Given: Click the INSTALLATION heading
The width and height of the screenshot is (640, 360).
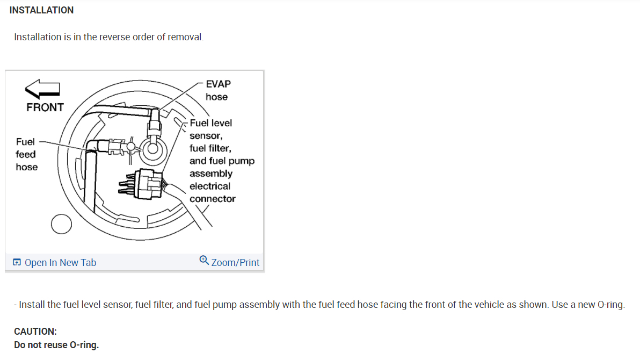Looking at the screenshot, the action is click(41, 10).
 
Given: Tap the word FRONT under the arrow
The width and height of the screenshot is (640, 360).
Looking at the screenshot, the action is click(45, 107).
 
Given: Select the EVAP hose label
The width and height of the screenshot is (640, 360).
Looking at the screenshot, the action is click(217, 90).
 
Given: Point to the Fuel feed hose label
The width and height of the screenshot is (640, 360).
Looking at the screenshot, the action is click(26, 154).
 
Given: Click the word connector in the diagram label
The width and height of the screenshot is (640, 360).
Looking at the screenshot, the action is click(213, 199).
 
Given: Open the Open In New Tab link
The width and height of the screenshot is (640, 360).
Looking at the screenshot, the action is click(60, 263).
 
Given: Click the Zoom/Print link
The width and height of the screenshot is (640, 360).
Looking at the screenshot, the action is click(235, 263).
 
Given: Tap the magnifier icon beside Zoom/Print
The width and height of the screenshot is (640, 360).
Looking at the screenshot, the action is click(204, 261).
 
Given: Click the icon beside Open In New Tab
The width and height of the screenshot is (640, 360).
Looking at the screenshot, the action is click(17, 263).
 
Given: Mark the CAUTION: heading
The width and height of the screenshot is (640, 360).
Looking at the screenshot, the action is click(35, 332).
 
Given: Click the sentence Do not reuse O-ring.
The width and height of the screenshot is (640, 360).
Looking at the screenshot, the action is click(56, 345).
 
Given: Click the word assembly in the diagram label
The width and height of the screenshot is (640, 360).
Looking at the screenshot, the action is click(211, 174).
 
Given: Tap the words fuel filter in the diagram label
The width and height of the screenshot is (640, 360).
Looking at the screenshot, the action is click(210, 148).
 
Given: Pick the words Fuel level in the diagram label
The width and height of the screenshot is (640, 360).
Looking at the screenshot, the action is click(211, 123).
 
